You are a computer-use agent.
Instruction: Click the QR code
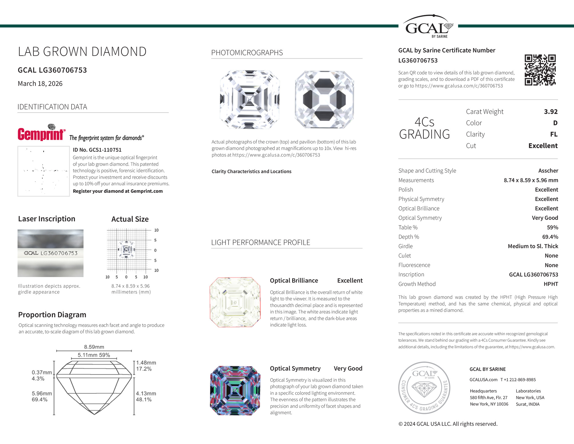540,70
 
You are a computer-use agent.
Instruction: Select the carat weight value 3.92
551,112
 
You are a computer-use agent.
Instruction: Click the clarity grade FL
554,134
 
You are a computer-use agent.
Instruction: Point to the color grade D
555,123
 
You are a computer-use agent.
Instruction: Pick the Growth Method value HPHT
551,284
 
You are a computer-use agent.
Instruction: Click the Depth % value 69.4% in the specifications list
550,237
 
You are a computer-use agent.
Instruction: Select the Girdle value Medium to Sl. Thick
533,246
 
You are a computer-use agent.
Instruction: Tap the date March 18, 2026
40,84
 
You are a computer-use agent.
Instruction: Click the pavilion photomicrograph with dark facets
324,100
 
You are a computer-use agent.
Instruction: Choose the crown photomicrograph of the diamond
250,100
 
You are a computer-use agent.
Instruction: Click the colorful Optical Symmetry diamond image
235,390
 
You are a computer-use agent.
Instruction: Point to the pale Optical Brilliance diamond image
235,302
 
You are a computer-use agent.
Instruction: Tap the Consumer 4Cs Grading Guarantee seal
424,388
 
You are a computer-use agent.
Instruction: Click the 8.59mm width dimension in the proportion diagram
94,347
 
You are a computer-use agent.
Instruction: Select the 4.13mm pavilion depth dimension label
146,394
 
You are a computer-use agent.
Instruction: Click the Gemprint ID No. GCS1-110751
97,150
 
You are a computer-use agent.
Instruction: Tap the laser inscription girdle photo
50,253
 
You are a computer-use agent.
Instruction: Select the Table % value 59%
552,227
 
